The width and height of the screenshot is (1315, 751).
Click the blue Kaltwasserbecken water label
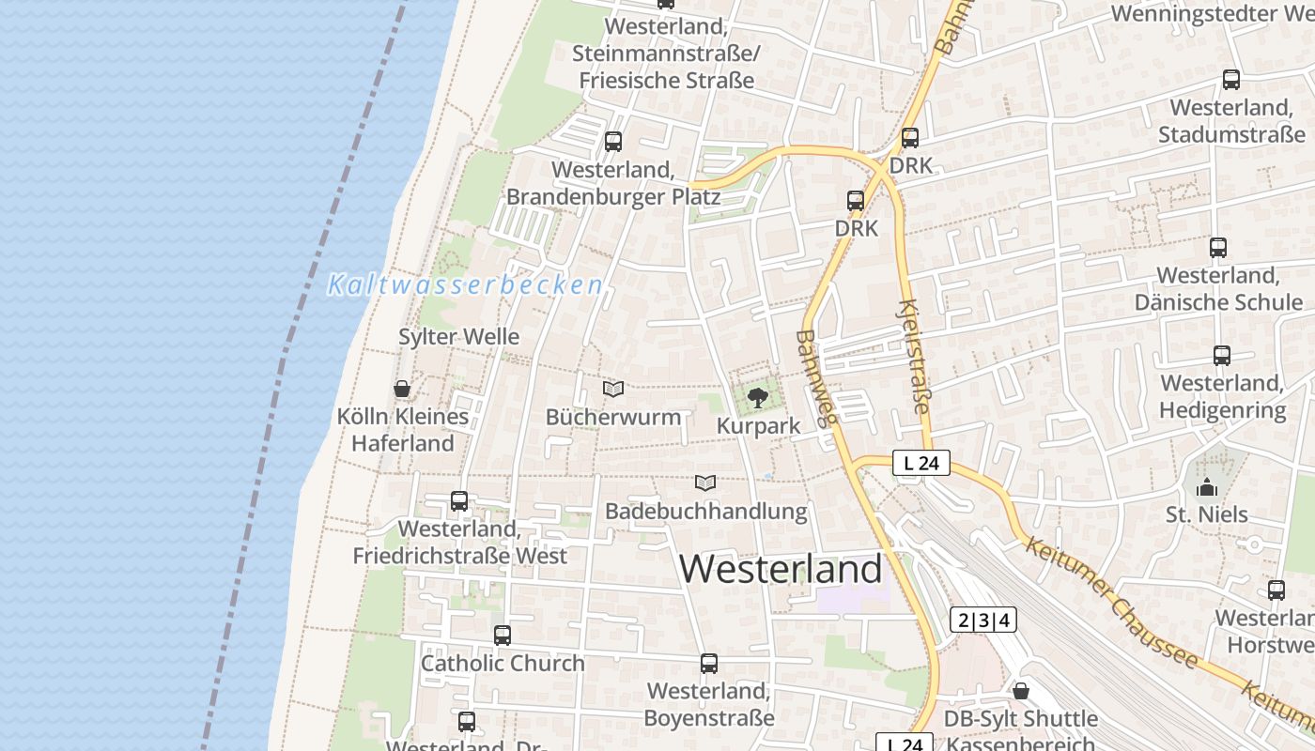click(x=465, y=285)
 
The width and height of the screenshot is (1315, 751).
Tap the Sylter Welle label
click(x=458, y=336)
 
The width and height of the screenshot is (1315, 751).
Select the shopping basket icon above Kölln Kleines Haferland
click(x=402, y=389)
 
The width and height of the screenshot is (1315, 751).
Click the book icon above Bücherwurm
click(x=613, y=389)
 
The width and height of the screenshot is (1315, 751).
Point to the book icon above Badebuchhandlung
click(x=705, y=483)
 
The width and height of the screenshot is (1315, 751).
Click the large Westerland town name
click(x=781, y=569)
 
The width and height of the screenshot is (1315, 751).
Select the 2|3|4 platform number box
click(x=983, y=621)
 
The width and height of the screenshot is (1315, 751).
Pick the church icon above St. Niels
click(x=1207, y=487)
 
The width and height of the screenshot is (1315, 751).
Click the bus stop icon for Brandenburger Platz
click(x=613, y=142)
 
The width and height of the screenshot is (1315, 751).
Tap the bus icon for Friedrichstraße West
click(x=459, y=501)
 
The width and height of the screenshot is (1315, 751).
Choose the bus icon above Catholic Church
click(x=503, y=636)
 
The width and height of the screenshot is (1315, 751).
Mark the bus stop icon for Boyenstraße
click(x=709, y=664)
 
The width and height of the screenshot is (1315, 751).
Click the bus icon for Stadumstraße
click(x=1231, y=80)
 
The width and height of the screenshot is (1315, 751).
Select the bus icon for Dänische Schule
click(x=1218, y=248)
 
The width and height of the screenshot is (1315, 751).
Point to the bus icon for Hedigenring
click(x=1221, y=356)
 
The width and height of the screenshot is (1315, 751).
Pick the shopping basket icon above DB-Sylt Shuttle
click(x=1021, y=692)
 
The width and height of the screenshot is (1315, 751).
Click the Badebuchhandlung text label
click(x=705, y=512)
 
